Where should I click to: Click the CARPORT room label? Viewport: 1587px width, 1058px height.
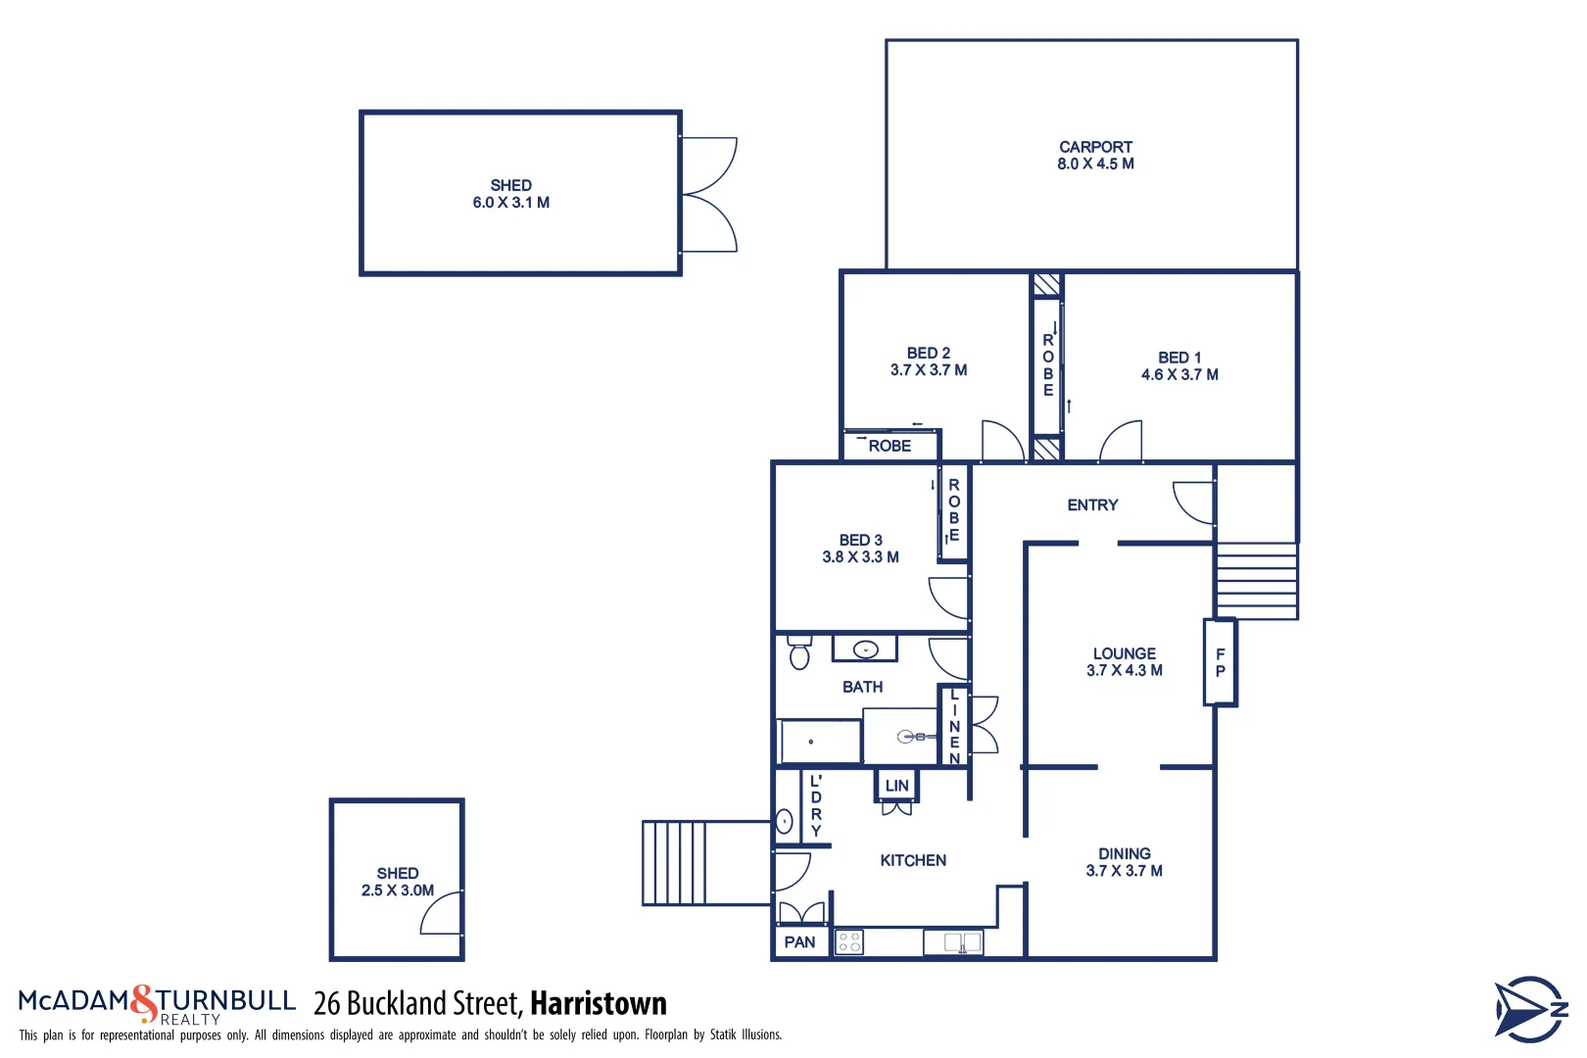point(1095,147)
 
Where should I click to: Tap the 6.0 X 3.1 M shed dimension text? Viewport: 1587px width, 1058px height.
point(510,203)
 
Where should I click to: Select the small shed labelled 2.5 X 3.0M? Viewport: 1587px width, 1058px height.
point(397,881)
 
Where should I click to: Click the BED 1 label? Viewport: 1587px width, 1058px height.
point(1179,358)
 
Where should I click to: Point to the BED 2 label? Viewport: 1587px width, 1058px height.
point(928,353)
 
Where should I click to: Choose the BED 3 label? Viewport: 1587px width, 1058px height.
point(860,540)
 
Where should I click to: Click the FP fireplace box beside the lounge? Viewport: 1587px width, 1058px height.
point(1220,662)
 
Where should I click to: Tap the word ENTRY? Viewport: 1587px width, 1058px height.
point(1092,505)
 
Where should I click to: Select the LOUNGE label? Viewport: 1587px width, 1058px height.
point(1124,653)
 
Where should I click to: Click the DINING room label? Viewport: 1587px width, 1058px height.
point(1124,854)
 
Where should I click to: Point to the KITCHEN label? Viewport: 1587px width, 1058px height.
point(913,860)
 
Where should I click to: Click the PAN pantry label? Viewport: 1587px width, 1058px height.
point(799,942)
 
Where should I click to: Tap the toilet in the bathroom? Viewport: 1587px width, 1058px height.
point(799,653)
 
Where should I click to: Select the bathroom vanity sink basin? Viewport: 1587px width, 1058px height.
point(865,649)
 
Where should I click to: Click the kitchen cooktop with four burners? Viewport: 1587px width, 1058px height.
point(849,942)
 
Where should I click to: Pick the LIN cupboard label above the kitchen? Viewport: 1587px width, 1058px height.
point(896,786)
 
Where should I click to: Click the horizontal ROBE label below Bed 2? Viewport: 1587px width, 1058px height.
point(890,446)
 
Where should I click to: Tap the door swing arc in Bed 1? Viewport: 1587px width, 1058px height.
point(1123,440)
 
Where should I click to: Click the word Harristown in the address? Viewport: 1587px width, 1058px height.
point(598,1003)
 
